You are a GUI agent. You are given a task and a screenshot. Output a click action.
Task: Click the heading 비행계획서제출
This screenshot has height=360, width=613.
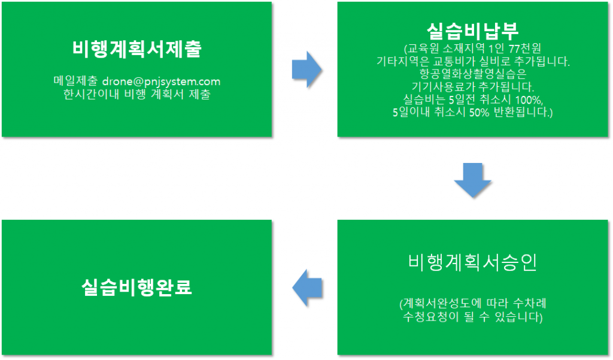(x=137, y=49)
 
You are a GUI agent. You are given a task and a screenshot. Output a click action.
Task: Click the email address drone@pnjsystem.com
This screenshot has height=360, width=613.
(x=161, y=81)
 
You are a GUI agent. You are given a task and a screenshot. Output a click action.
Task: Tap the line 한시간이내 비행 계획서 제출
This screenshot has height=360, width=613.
(x=137, y=94)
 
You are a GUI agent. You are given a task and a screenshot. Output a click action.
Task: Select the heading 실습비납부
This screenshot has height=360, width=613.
(x=472, y=31)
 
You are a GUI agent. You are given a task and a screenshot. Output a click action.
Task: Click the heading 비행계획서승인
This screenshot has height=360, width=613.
(x=472, y=262)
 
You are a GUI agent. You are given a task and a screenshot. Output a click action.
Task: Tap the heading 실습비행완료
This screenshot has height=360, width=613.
(x=137, y=287)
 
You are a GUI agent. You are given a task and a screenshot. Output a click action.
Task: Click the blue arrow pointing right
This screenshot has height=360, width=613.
(x=307, y=69)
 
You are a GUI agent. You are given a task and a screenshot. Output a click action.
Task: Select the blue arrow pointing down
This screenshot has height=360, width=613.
(x=473, y=180)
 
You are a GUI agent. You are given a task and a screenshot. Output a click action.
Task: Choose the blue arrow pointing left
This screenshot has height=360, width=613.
(x=307, y=288)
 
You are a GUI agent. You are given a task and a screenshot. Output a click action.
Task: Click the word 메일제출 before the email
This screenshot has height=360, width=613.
(x=75, y=81)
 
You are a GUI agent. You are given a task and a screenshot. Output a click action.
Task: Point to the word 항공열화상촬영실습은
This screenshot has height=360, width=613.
(x=473, y=74)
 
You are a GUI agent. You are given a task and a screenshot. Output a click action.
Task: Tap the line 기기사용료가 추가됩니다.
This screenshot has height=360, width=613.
(x=473, y=87)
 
